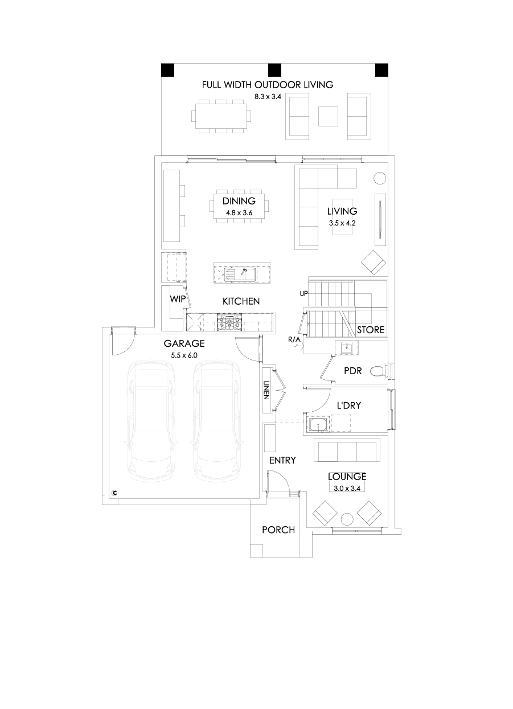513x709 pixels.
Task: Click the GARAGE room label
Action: click(184, 343)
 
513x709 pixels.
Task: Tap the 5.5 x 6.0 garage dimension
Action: click(184, 355)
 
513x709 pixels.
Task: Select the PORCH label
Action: click(278, 530)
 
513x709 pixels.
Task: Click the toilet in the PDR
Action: click(379, 371)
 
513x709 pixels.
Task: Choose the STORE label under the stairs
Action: click(371, 330)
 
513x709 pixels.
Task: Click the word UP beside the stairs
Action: click(303, 293)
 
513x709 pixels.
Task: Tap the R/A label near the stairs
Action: click(294, 340)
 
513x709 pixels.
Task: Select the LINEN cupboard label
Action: click(266, 391)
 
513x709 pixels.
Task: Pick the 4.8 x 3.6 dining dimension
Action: click(239, 212)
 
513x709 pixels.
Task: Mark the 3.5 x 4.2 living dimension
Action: click(342, 223)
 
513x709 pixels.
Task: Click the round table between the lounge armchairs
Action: click(346, 518)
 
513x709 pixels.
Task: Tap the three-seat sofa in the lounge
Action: click(347, 451)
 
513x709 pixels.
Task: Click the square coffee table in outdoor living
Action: click(327, 116)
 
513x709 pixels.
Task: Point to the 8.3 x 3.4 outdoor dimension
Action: click(268, 96)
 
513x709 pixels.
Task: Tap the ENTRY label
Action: click(282, 460)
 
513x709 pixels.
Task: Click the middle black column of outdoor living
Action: click(274, 70)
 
